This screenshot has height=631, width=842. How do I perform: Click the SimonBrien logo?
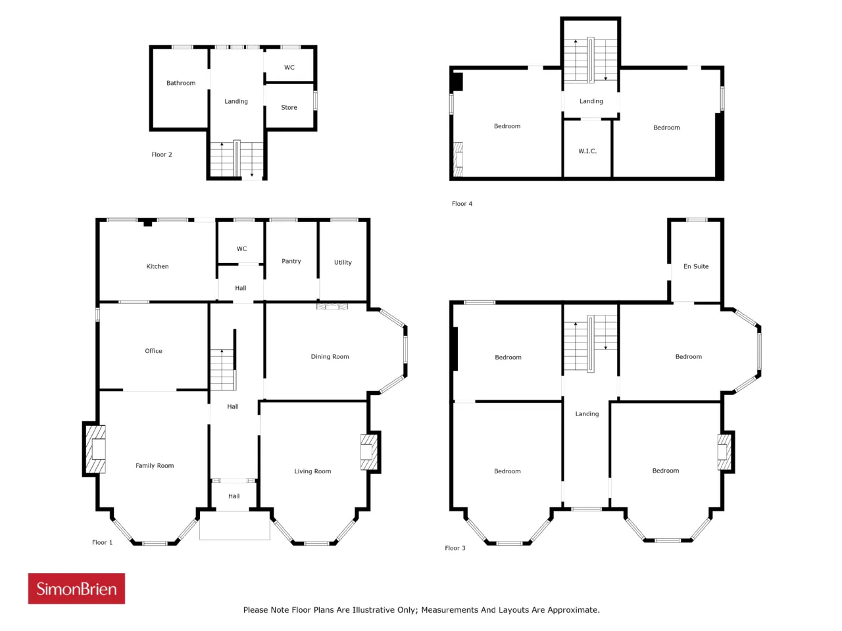[x=76, y=588]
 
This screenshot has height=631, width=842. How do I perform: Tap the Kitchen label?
[x=157, y=266]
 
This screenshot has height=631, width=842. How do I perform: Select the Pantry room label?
[x=291, y=262]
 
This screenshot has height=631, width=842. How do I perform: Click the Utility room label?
[x=343, y=262]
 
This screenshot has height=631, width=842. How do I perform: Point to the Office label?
[x=153, y=351]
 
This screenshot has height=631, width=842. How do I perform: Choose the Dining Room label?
[x=330, y=357]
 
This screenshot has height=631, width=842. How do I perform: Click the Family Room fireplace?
[x=95, y=449]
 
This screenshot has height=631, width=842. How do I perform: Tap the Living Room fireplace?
[x=369, y=452]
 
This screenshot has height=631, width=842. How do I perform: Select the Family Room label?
[x=155, y=465]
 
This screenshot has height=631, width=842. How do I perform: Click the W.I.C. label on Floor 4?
[x=587, y=151]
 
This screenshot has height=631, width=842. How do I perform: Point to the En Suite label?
[x=696, y=266]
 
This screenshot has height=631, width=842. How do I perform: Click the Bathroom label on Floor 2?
[x=181, y=83]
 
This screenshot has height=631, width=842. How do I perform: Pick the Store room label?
[x=289, y=108]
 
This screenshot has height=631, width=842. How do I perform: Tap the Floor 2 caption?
[x=162, y=154]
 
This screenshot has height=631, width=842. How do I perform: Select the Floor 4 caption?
[x=462, y=204]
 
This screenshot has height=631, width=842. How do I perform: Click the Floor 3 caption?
[x=455, y=548]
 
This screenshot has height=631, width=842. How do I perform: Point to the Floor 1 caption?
[x=102, y=542]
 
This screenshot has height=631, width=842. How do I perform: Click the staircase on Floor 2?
[x=237, y=158]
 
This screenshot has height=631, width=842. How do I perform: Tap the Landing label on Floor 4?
[x=591, y=101]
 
